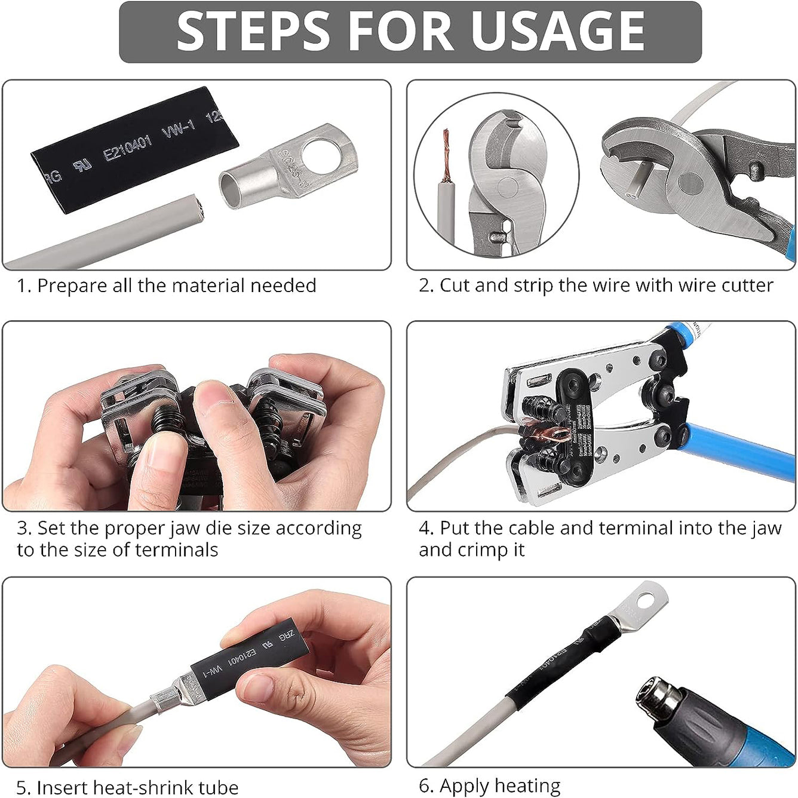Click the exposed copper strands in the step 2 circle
(445, 155)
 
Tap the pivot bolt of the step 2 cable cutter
(690, 183)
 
